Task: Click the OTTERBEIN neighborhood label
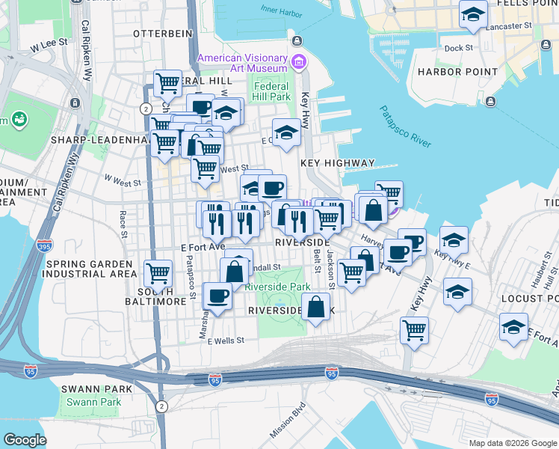[x=158, y=34]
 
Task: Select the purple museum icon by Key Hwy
[x=299, y=61]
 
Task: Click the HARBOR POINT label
[x=457, y=72]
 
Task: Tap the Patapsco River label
[x=406, y=127]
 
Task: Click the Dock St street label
[x=458, y=47]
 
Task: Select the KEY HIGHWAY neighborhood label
[x=337, y=162]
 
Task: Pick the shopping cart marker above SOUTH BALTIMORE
[x=158, y=274]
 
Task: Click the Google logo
[x=25, y=440]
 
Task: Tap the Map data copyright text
[x=512, y=443]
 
